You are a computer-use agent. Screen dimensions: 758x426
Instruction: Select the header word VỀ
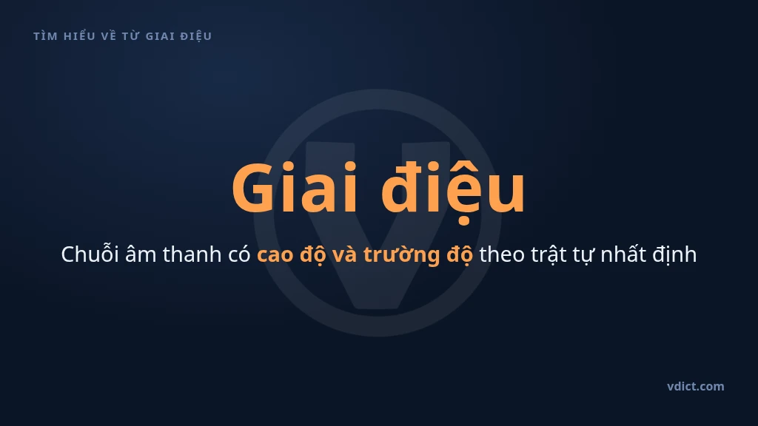click(x=109, y=36)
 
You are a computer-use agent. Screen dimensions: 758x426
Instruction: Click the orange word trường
click(x=401, y=254)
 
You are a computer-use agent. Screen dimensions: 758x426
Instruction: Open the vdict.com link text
click(x=696, y=386)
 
